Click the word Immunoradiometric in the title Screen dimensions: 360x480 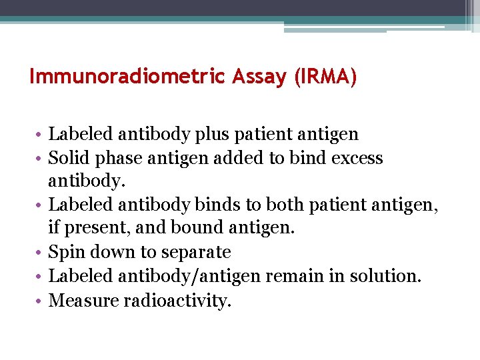(x=128, y=77)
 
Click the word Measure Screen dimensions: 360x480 (x=83, y=300)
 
